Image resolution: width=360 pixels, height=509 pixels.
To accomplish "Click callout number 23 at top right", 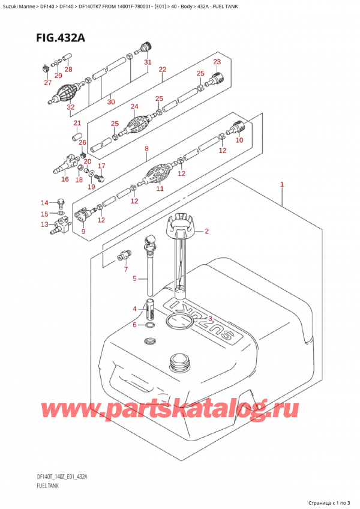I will (217, 62).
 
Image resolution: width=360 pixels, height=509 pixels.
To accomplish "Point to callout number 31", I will (148, 62).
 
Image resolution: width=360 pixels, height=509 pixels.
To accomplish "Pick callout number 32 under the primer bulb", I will (71, 107).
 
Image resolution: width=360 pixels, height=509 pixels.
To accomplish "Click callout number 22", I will (162, 70).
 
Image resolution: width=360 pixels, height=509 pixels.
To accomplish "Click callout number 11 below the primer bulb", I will (160, 188).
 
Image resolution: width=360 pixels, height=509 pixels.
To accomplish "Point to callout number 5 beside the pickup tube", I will (135, 279).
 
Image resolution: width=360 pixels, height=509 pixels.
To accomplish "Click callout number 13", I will (44, 224).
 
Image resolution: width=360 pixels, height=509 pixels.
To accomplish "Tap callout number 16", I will (64, 178).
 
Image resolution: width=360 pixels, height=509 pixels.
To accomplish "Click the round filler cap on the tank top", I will (178, 361).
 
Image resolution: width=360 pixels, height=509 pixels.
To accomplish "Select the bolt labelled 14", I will (59, 202).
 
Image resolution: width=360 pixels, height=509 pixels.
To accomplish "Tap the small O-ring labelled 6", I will (149, 325).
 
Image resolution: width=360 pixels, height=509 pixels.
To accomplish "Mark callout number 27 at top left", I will (47, 83).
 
